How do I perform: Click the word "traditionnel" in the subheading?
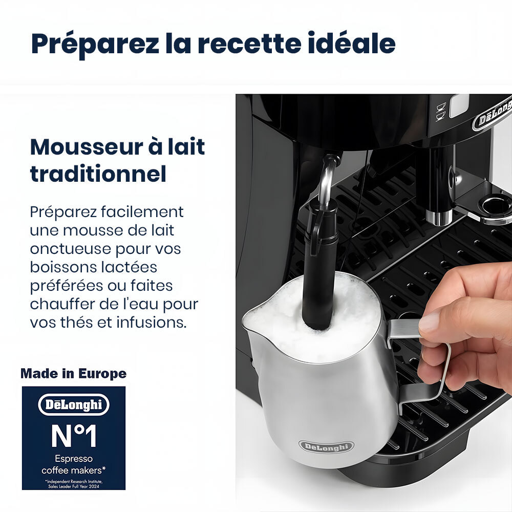98,174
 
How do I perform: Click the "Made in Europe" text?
73,374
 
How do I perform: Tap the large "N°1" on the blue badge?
74,436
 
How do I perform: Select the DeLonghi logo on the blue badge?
74,405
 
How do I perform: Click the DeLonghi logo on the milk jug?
326,446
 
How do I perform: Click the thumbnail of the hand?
429,322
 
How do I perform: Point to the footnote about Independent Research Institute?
74,484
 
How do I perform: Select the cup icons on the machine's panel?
440,112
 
